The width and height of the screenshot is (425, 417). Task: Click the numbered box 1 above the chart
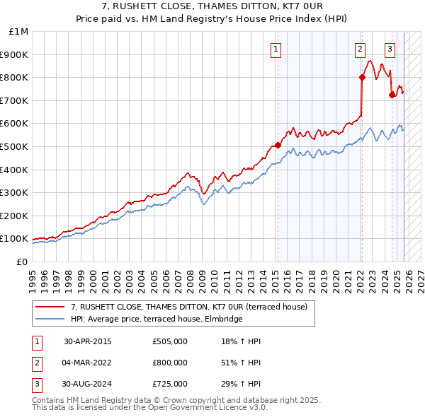tap(275, 49)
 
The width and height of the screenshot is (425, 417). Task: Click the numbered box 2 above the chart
tap(360, 49)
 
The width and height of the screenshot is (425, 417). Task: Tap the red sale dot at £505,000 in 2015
tap(278, 146)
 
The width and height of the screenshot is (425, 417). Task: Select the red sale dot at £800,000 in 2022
tap(361, 78)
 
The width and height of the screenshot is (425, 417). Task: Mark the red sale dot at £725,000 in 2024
tap(392, 95)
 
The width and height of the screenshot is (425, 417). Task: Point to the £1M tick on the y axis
tap(19, 32)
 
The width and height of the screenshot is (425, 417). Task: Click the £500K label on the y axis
tap(16, 146)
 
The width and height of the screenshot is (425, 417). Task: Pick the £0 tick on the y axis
tap(23, 262)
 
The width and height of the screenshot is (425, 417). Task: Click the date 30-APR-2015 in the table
tap(88, 341)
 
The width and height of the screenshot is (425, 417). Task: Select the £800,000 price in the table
tap(170, 363)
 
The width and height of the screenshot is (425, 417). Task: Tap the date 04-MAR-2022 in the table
tap(88, 363)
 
